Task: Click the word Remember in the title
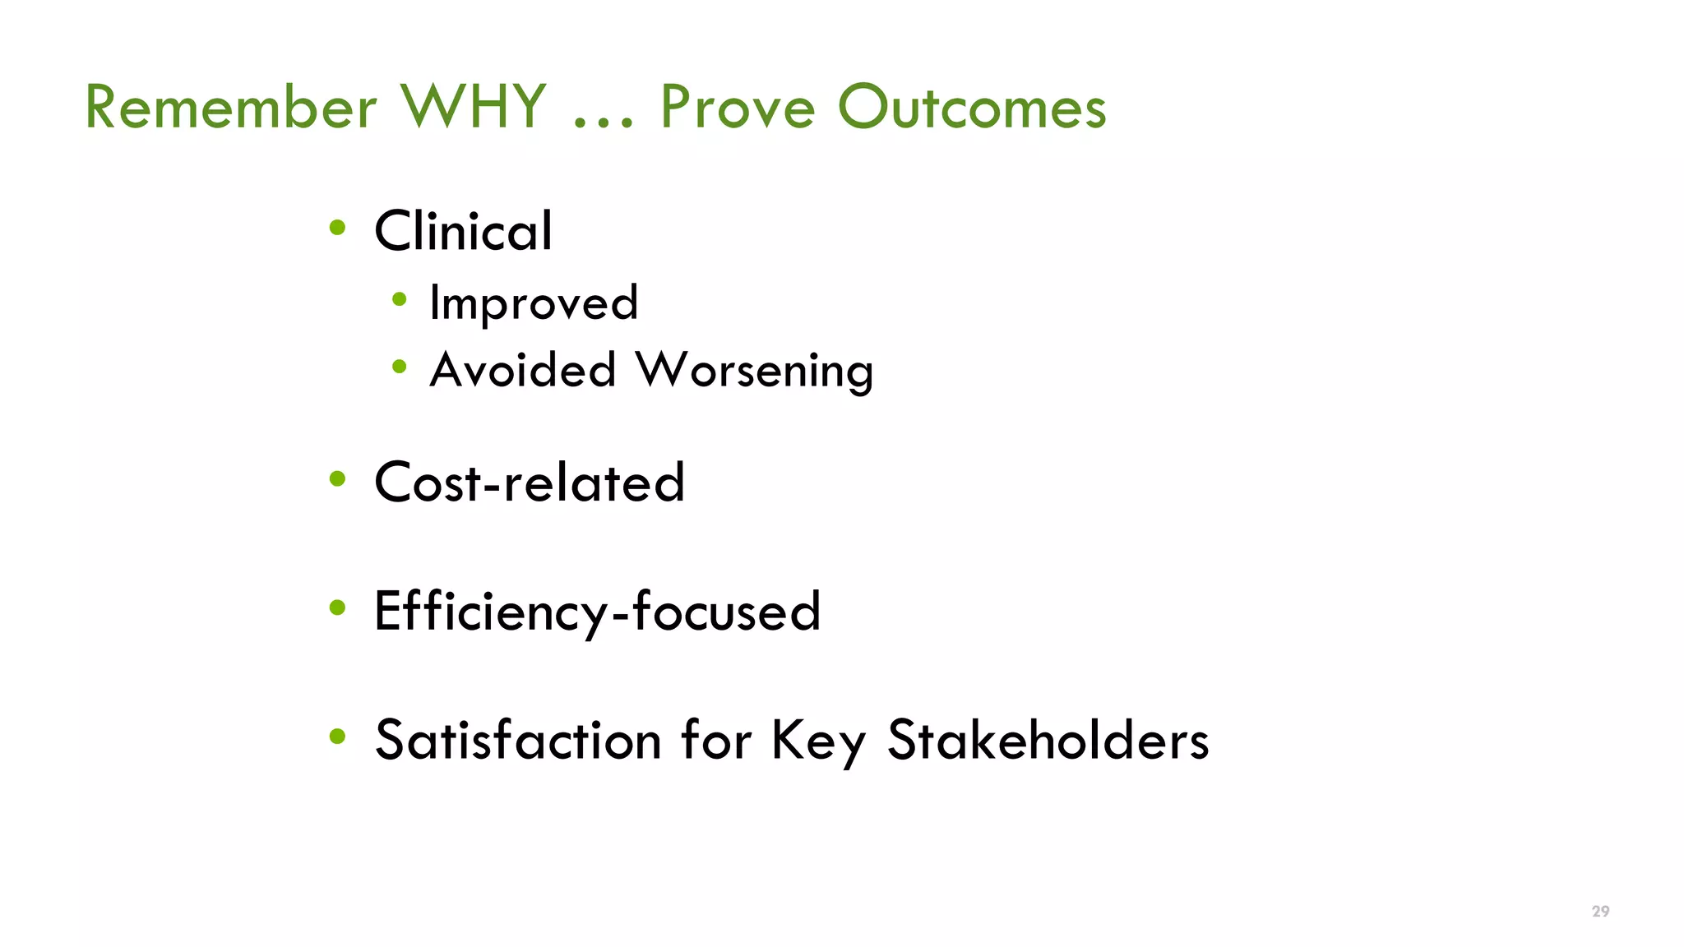(x=231, y=108)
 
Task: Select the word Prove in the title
(x=738, y=108)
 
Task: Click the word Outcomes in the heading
(x=972, y=108)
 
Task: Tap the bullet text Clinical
(x=463, y=231)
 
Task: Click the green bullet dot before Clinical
(x=337, y=228)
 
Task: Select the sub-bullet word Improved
(x=534, y=303)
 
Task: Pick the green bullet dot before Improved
(x=400, y=299)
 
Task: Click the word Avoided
(x=523, y=370)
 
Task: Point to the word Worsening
(x=754, y=370)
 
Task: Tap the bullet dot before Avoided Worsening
(x=400, y=367)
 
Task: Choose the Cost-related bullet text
(x=529, y=483)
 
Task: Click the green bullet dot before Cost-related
(x=337, y=478)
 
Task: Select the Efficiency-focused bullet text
(x=597, y=612)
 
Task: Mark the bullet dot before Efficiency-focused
(x=337, y=607)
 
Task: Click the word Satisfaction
(x=518, y=740)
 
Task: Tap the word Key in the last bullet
(x=818, y=740)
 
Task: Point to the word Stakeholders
(x=1048, y=740)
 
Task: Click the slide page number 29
(x=1600, y=911)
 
